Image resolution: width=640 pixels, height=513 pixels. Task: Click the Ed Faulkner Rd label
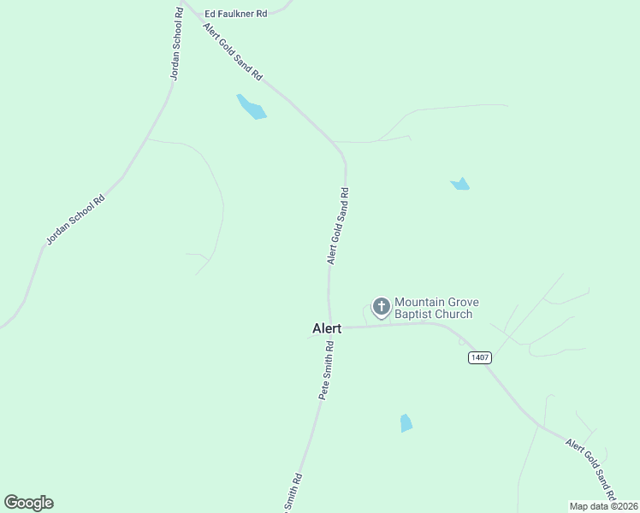(x=235, y=14)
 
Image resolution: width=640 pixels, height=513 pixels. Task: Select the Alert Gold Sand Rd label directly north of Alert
(x=338, y=226)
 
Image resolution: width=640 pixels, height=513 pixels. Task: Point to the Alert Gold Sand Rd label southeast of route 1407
(x=591, y=470)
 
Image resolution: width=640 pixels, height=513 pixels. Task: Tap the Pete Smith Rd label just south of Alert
(x=326, y=370)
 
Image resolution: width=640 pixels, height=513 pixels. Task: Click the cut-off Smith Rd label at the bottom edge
(x=291, y=493)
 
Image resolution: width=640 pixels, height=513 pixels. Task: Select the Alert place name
(x=327, y=328)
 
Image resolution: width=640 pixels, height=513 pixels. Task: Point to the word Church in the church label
(x=452, y=315)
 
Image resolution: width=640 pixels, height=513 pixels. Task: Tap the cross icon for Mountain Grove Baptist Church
(x=382, y=306)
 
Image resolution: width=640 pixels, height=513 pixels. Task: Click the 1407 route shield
(x=480, y=357)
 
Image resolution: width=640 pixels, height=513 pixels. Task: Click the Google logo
(x=28, y=503)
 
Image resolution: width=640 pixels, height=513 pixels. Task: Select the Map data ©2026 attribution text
(x=604, y=506)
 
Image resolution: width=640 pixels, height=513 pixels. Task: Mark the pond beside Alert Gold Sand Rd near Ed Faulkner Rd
(x=252, y=107)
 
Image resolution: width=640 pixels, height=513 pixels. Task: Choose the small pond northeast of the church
(x=460, y=184)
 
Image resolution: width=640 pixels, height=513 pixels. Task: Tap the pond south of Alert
(x=406, y=423)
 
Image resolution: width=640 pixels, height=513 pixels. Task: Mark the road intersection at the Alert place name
(x=330, y=327)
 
